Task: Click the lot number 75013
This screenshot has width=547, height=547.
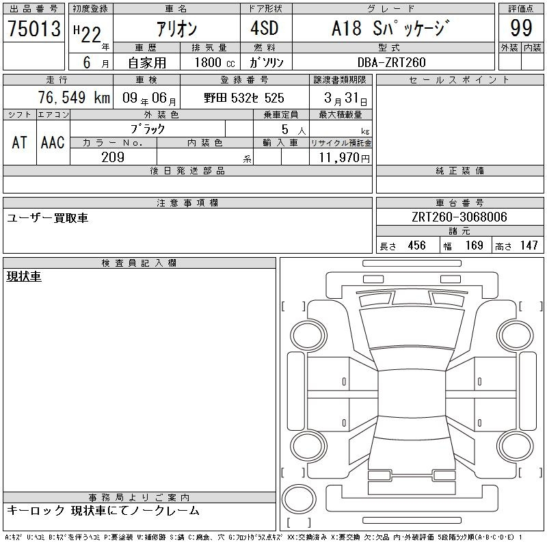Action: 34,28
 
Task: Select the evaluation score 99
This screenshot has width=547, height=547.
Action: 521,28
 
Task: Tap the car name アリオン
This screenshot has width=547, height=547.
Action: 177,29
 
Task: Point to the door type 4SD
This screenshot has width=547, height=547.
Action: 265,28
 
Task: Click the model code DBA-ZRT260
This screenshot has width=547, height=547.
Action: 391,62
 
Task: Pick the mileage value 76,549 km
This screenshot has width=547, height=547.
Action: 75,97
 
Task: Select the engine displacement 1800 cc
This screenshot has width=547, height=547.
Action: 215,62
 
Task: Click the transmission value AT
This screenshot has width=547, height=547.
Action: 19,142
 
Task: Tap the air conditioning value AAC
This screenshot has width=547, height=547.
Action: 53,142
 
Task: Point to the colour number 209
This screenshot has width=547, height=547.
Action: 113,157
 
